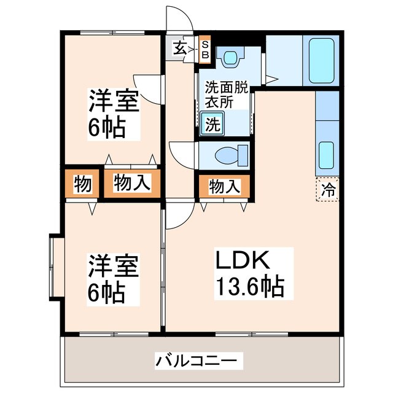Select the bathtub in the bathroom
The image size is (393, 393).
322,61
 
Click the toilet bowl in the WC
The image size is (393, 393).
228,155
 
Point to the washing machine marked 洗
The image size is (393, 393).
212,124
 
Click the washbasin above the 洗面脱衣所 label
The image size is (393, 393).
230,56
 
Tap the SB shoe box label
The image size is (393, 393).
205,50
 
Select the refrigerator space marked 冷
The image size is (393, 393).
327,190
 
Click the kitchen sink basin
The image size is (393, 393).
326,155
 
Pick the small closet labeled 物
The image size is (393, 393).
82,184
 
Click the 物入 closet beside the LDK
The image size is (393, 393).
225,186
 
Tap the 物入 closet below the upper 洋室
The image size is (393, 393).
132,184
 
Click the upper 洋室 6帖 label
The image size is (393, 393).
113,114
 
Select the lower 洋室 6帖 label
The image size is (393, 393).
113,279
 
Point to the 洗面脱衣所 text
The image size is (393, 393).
227,95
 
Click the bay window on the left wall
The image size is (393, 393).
55,267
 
